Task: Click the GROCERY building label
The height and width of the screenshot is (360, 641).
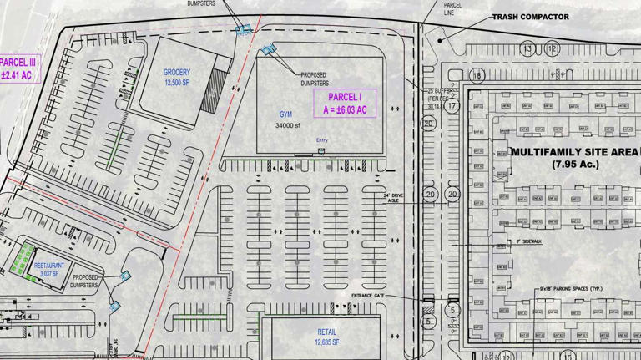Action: (177, 73)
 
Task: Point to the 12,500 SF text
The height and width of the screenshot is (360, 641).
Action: (177, 83)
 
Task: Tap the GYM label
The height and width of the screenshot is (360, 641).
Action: (287, 114)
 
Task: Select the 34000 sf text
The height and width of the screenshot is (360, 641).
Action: (287, 125)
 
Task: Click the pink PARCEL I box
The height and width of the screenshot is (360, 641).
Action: (346, 103)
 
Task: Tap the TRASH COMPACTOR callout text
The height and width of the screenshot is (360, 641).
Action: (530, 17)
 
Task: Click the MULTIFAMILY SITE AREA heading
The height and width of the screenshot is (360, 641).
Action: (574, 152)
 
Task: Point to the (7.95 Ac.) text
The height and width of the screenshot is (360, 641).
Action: (575, 165)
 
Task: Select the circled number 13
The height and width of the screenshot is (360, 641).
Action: (527, 49)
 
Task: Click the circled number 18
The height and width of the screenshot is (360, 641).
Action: (477, 75)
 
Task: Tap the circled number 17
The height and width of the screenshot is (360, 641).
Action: (452, 106)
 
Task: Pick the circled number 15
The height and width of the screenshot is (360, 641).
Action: (568, 356)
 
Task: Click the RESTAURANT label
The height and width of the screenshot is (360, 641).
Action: (49, 266)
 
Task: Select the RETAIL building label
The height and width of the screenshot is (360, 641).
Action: (326, 332)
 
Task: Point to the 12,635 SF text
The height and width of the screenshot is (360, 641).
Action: (326, 342)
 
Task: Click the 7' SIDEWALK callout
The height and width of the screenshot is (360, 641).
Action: (528, 241)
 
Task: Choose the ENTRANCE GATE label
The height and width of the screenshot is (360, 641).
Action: (369, 296)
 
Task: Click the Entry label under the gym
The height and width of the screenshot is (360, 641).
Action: (321, 140)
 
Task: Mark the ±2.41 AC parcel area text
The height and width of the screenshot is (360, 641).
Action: (17, 75)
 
